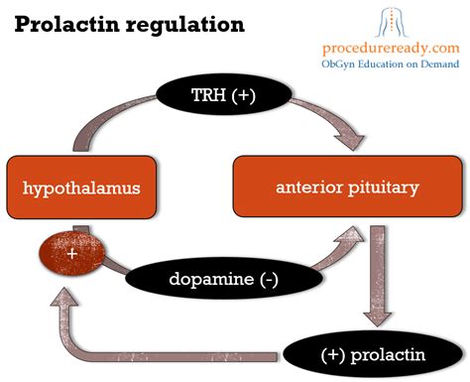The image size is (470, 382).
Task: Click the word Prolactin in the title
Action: tap(66, 24)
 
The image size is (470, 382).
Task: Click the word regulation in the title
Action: tap(185, 26)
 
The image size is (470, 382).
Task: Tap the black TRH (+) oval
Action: tap(224, 94)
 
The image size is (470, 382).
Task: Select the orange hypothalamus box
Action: tap(81, 188)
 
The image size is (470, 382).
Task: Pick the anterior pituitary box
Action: tap(348, 187)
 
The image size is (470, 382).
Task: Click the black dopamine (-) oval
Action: tap(224, 279)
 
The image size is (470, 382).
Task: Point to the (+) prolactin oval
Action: tap(373, 354)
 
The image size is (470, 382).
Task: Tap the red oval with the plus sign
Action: tap(72, 253)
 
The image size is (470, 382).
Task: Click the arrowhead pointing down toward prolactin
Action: tap(377, 318)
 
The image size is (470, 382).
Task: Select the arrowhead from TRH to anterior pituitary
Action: tap(351, 140)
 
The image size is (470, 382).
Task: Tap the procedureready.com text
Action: tap(391, 48)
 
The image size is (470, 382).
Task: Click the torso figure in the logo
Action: tap(392, 23)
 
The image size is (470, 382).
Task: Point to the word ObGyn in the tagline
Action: tap(338, 64)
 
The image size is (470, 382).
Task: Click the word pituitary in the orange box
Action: tap(384, 189)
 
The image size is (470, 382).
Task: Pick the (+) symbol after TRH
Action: tap(244, 95)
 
